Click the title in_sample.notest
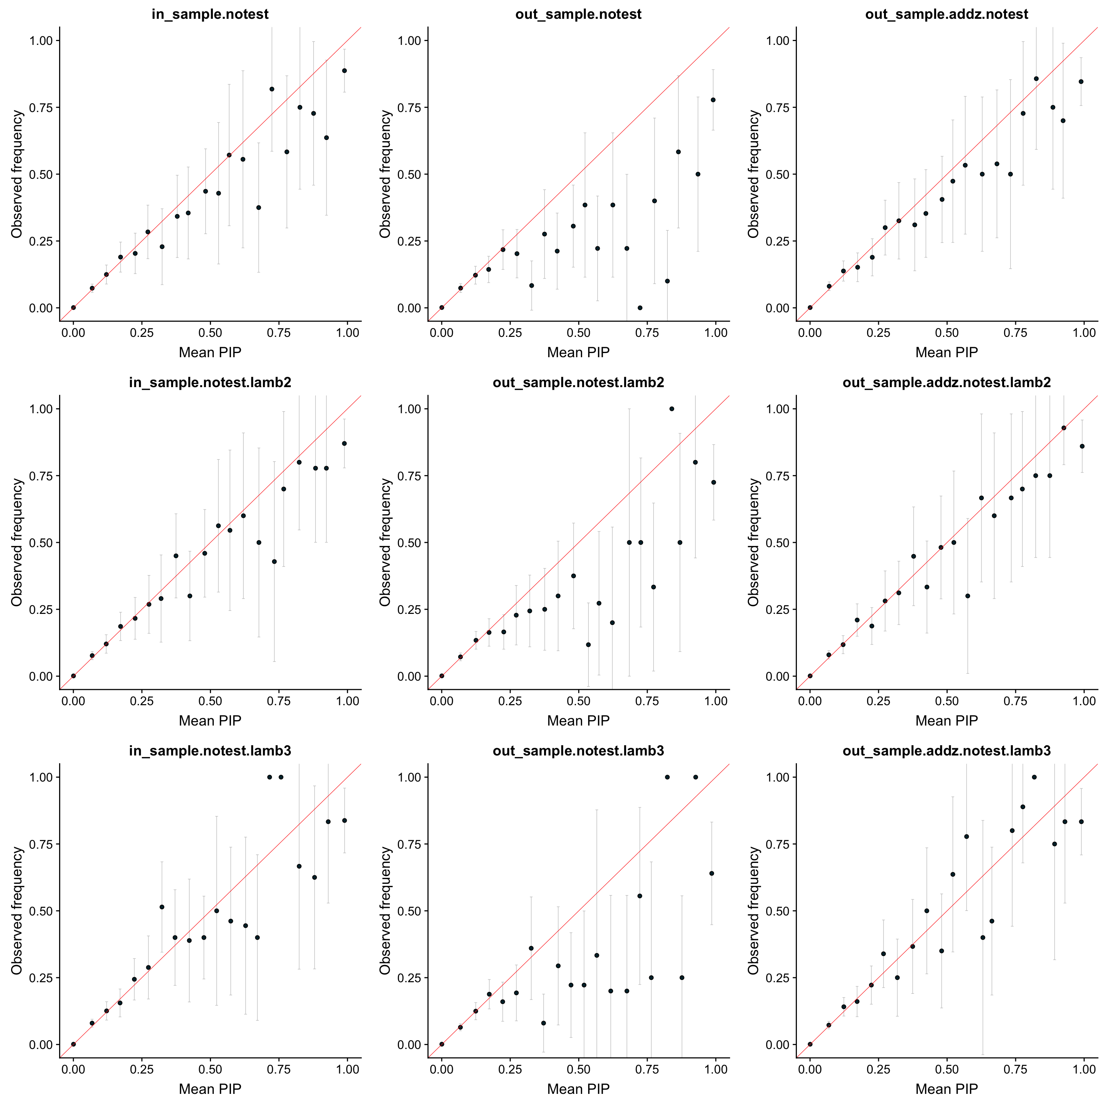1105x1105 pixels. click(210, 14)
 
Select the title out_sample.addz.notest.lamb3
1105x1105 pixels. click(947, 751)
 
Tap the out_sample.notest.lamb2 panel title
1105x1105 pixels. click(578, 383)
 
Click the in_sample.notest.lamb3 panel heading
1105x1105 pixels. click(210, 751)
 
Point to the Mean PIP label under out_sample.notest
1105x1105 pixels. click(578, 352)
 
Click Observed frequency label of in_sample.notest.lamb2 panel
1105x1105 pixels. click(17, 542)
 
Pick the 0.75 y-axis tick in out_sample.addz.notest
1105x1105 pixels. click(777, 107)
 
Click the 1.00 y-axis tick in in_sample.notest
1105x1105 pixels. click(41, 41)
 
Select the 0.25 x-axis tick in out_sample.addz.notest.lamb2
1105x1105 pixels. click(879, 701)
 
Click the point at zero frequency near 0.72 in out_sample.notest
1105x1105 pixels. click(640, 308)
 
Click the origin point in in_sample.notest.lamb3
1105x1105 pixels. click(73, 1044)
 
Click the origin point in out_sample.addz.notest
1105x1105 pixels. click(810, 308)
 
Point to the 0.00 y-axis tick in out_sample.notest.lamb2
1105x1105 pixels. click(409, 676)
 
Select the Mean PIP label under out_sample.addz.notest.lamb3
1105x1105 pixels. click(947, 1089)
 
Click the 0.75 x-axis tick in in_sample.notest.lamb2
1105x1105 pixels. click(279, 701)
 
